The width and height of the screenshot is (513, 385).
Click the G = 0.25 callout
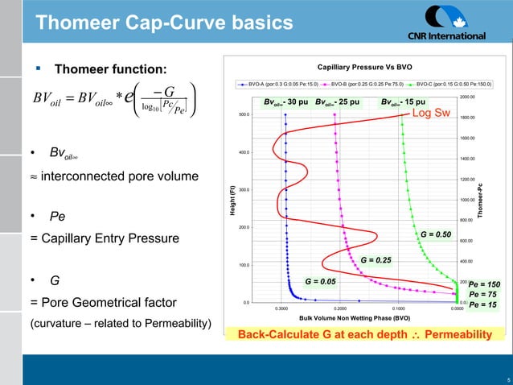pos(376,260)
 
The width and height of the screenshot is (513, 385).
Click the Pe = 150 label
pos(484,284)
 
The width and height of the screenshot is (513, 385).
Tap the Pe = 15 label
pos(483,305)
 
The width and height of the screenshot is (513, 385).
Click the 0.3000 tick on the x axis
pos(281,308)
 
